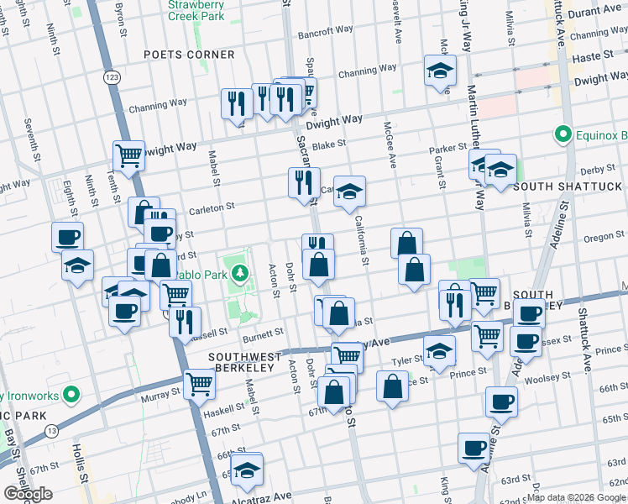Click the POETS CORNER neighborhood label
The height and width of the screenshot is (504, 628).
pos(189,55)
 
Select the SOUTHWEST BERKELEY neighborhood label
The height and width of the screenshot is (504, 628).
pos(242,362)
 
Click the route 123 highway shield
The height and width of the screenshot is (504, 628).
pos(111,76)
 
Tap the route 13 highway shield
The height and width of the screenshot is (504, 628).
pos(52,431)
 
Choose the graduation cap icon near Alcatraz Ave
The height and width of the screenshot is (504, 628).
pos(247,470)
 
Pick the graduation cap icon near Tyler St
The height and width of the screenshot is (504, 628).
pos(438,351)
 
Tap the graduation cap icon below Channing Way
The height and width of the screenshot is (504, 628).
pos(439,71)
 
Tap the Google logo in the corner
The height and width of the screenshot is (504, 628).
pos(28,494)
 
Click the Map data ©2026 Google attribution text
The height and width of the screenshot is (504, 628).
pos(575,497)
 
